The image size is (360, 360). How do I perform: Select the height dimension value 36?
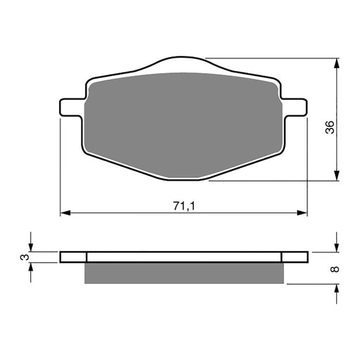pyautogui.click(x=330, y=127)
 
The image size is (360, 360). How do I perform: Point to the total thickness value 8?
pyautogui.click(x=335, y=269)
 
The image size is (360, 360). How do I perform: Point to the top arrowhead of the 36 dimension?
pyautogui.click(x=338, y=63)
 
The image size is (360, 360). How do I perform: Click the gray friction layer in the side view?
pyautogui.click(x=185, y=273)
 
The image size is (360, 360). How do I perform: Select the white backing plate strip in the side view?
pyautogui.click(x=184, y=257)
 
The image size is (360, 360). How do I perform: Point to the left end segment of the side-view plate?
pyautogui.click(x=73, y=257)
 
